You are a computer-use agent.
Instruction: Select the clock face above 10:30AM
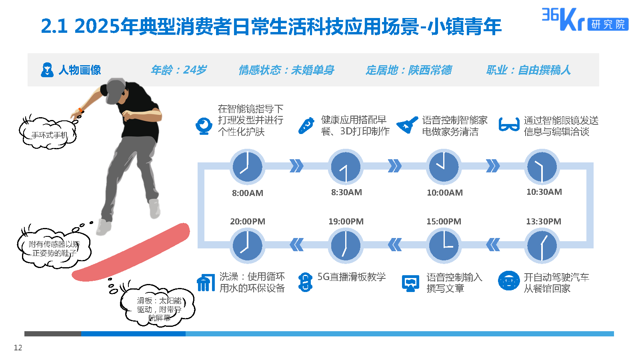point(542,166)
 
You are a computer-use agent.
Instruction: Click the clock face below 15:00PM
point(444,245)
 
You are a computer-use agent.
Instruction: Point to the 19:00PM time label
point(346,222)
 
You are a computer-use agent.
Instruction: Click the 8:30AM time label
point(346,192)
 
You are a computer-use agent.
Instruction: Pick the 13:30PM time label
point(543,222)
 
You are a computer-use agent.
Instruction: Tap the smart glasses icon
point(509,124)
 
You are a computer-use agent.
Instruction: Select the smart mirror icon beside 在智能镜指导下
point(204,126)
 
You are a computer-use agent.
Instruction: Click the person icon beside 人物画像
point(47,70)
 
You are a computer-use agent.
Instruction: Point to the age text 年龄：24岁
point(179,70)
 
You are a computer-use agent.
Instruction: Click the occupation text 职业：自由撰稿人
point(528,70)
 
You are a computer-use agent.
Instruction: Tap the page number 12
point(18,348)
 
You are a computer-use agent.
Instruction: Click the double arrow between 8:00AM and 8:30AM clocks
point(296,166)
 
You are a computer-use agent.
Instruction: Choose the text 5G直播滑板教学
point(351,277)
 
